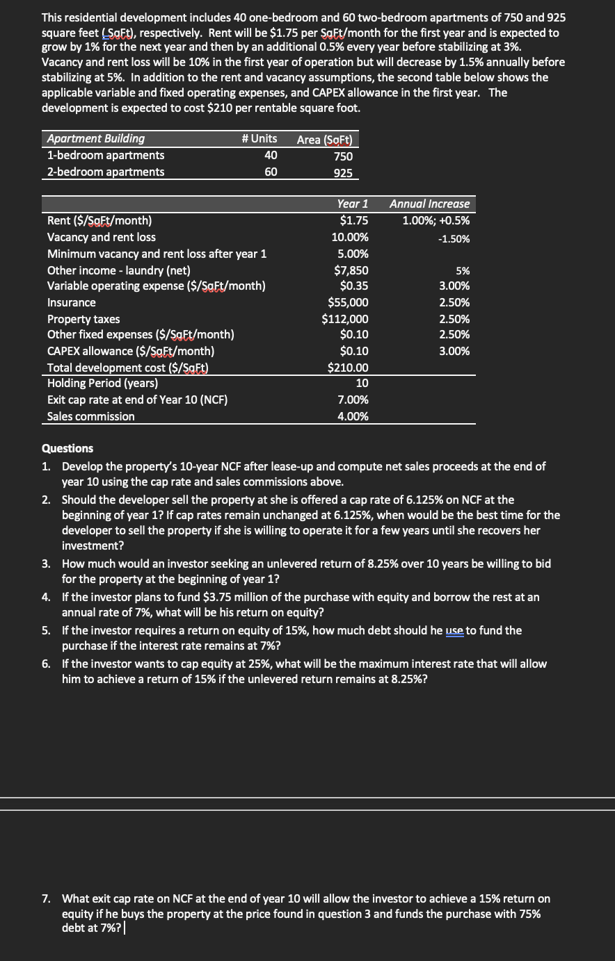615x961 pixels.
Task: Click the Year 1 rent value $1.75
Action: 354,221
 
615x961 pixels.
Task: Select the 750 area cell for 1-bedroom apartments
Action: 343,156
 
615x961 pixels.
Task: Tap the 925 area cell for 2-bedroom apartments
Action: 343,172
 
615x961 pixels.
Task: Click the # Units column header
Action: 259,139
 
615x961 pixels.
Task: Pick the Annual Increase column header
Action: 429,204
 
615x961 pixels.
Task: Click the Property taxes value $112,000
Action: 345,320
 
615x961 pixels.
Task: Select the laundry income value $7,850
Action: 351,271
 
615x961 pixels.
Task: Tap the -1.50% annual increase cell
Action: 454,238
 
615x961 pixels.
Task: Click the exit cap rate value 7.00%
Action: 352,400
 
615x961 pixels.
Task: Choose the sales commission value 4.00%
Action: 352,417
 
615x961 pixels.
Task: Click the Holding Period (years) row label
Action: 102,383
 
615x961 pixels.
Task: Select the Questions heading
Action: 67,448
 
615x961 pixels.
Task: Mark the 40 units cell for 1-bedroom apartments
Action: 271,156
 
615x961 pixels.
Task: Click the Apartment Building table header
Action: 96,139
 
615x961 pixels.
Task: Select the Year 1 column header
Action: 352,204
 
